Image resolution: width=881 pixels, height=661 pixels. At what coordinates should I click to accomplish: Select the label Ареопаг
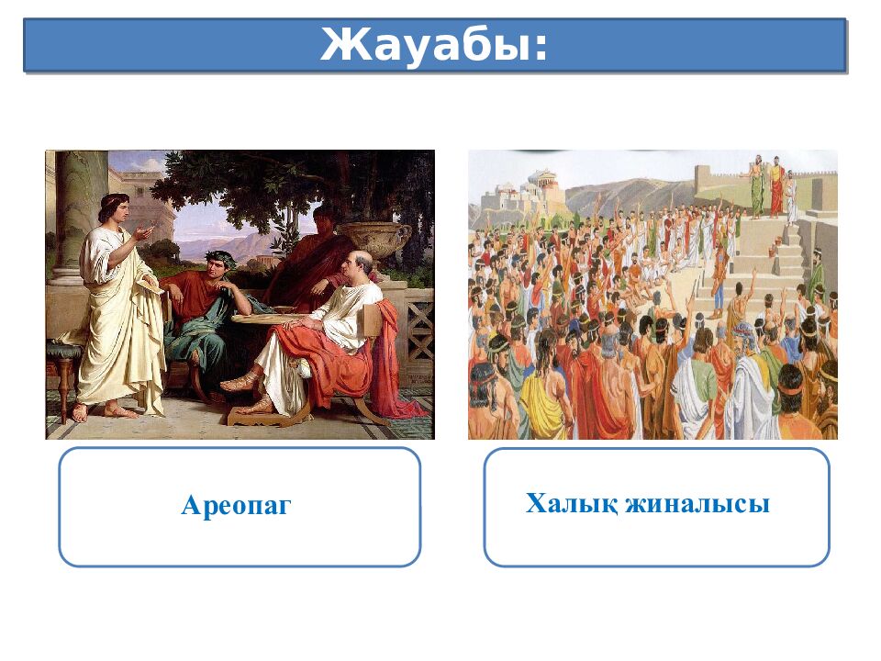click(x=236, y=505)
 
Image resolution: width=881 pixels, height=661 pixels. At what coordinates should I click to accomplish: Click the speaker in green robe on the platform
click(x=757, y=190)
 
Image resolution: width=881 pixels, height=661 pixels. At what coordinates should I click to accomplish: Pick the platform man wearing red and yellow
click(x=776, y=188)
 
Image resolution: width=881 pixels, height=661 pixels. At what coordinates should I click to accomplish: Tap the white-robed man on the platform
click(x=791, y=197)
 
